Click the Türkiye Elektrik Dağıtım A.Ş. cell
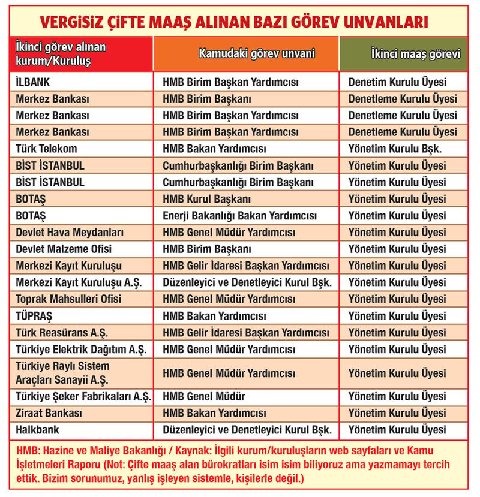[81, 348]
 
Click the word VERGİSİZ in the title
[75, 22]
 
